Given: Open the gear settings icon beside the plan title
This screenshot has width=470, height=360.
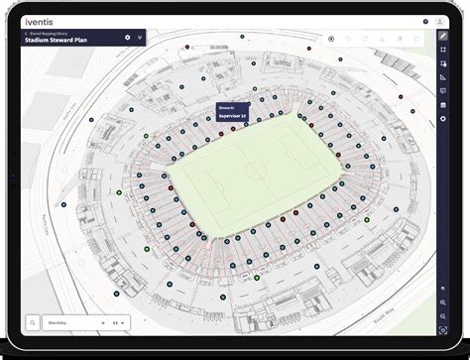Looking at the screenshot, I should pyautogui.click(x=127, y=37).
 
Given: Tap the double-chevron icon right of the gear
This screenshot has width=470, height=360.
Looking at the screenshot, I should pyautogui.click(x=140, y=38).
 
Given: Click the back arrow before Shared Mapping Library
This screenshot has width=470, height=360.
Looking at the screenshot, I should pyautogui.click(x=26, y=33).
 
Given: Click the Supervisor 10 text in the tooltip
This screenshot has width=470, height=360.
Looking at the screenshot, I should pyautogui.click(x=232, y=116).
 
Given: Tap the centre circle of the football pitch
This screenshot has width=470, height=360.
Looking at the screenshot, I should pyautogui.click(x=256, y=170).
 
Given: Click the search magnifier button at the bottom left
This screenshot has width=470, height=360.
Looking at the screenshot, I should pyautogui.click(x=33, y=323).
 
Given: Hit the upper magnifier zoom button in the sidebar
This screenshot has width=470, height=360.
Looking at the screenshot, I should pyautogui.click(x=442, y=302).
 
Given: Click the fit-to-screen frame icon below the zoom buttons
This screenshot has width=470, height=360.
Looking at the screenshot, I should pyautogui.click(x=442, y=328).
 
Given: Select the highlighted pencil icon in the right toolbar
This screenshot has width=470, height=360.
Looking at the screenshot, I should pyautogui.click(x=442, y=36).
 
